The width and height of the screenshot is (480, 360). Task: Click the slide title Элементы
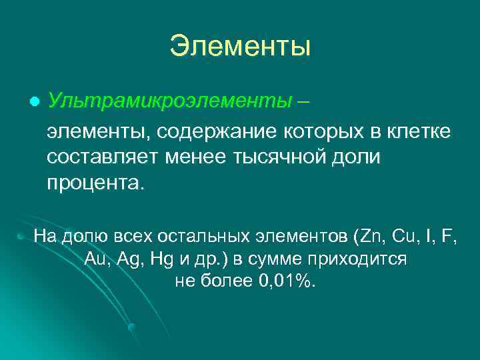click(240, 47)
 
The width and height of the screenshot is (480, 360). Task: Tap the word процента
click(94, 182)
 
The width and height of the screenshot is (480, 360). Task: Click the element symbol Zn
click(368, 236)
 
